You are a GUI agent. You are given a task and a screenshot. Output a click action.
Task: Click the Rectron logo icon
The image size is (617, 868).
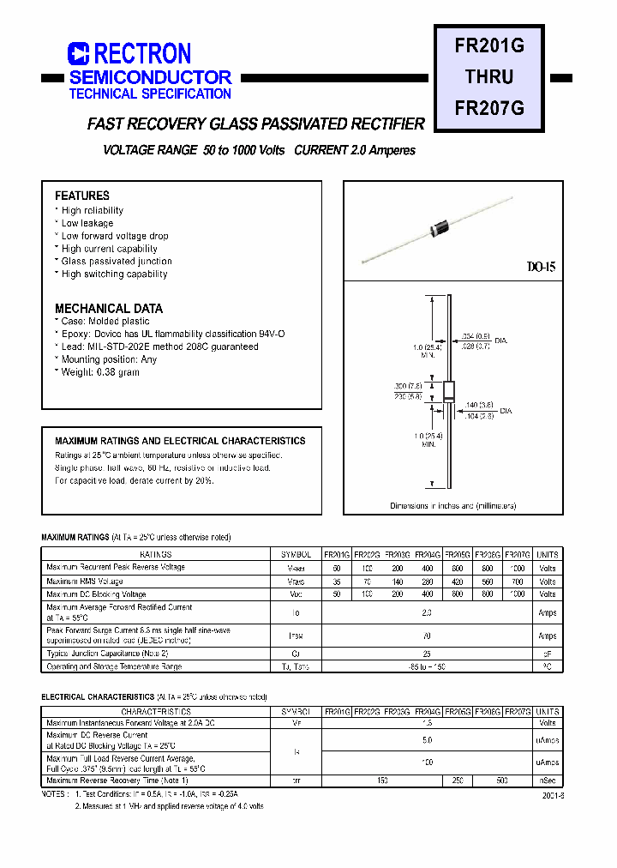click(79, 54)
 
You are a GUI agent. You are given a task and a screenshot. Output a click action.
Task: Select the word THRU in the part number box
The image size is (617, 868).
click(489, 77)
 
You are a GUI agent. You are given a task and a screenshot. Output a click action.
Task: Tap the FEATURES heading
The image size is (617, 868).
click(82, 196)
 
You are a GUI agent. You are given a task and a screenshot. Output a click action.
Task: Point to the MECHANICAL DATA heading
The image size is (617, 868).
click(109, 308)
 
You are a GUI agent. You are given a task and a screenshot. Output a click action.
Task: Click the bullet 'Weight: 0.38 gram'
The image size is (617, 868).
click(99, 372)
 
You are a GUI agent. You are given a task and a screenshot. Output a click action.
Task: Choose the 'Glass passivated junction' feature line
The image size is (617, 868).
click(116, 262)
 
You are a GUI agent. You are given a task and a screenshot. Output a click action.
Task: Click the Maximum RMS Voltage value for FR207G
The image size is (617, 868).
click(517, 582)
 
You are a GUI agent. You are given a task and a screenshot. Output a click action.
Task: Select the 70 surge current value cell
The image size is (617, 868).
click(425, 636)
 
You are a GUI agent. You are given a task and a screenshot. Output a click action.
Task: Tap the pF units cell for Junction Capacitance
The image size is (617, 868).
click(548, 654)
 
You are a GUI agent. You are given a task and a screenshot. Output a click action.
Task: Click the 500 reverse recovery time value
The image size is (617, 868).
click(501, 781)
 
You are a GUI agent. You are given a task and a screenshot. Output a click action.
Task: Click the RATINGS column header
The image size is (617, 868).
click(155, 555)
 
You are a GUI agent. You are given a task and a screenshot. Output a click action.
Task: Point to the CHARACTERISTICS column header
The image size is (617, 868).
click(155, 711)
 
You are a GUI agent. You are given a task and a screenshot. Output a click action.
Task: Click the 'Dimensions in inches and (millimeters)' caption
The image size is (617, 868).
click(453, 506)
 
